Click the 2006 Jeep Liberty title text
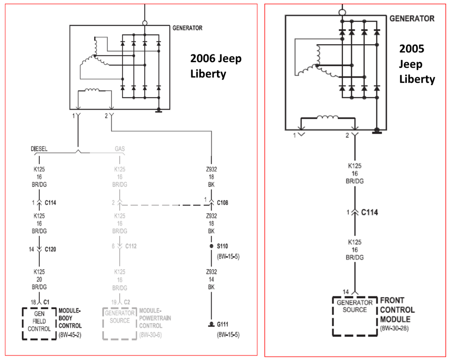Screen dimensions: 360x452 click(216, 66)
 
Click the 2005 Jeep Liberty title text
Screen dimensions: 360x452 click(417, 64)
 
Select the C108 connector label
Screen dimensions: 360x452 click(222, 203)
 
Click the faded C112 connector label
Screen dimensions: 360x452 click(131, 246)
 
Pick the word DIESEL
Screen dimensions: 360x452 click(40, 148)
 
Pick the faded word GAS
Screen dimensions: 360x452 click(120, 148)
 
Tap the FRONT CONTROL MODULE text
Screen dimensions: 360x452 click(398, 310)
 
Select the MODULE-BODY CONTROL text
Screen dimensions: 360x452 click(70, 318)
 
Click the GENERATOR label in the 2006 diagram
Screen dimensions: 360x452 click(187, 28)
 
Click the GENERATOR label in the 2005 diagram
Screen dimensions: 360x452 click(411, 18)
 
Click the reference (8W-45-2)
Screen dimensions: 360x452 click(70, 335)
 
